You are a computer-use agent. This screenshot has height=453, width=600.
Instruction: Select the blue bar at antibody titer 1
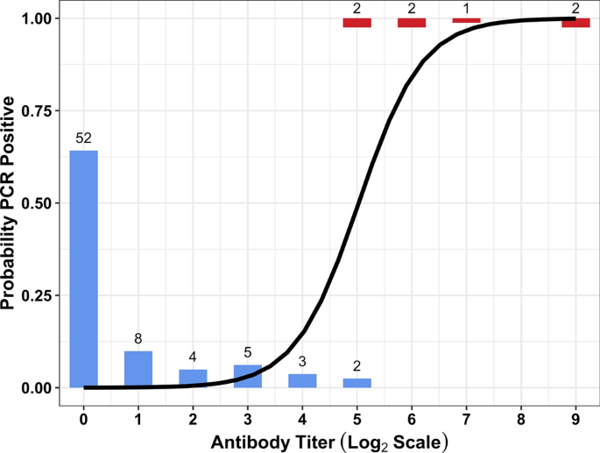click(x=138, y=369)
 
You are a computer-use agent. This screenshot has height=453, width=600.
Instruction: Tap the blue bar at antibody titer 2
click(x=193, y=378)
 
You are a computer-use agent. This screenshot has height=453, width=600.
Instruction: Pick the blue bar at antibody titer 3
click(x=248, y=376)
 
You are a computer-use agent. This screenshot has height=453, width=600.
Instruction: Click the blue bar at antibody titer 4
click(x=302, y=380)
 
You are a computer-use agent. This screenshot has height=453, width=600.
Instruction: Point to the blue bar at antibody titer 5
click(x=356, y=383)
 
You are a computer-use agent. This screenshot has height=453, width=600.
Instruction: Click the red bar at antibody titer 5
click(x=356, y=23)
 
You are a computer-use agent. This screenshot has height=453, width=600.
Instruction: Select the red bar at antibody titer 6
click(x=412, y=23)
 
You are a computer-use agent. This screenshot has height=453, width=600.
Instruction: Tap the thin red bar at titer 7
click(x=466, y=20)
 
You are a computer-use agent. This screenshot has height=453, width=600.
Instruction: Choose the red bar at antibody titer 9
click(x=575, y=23)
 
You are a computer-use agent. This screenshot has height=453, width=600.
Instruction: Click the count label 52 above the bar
click(x=83, y=138)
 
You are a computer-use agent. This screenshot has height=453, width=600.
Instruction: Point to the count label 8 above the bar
click(x=138, y=339)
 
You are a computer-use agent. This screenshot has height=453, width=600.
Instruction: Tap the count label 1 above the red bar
click(x=466, y=7)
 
